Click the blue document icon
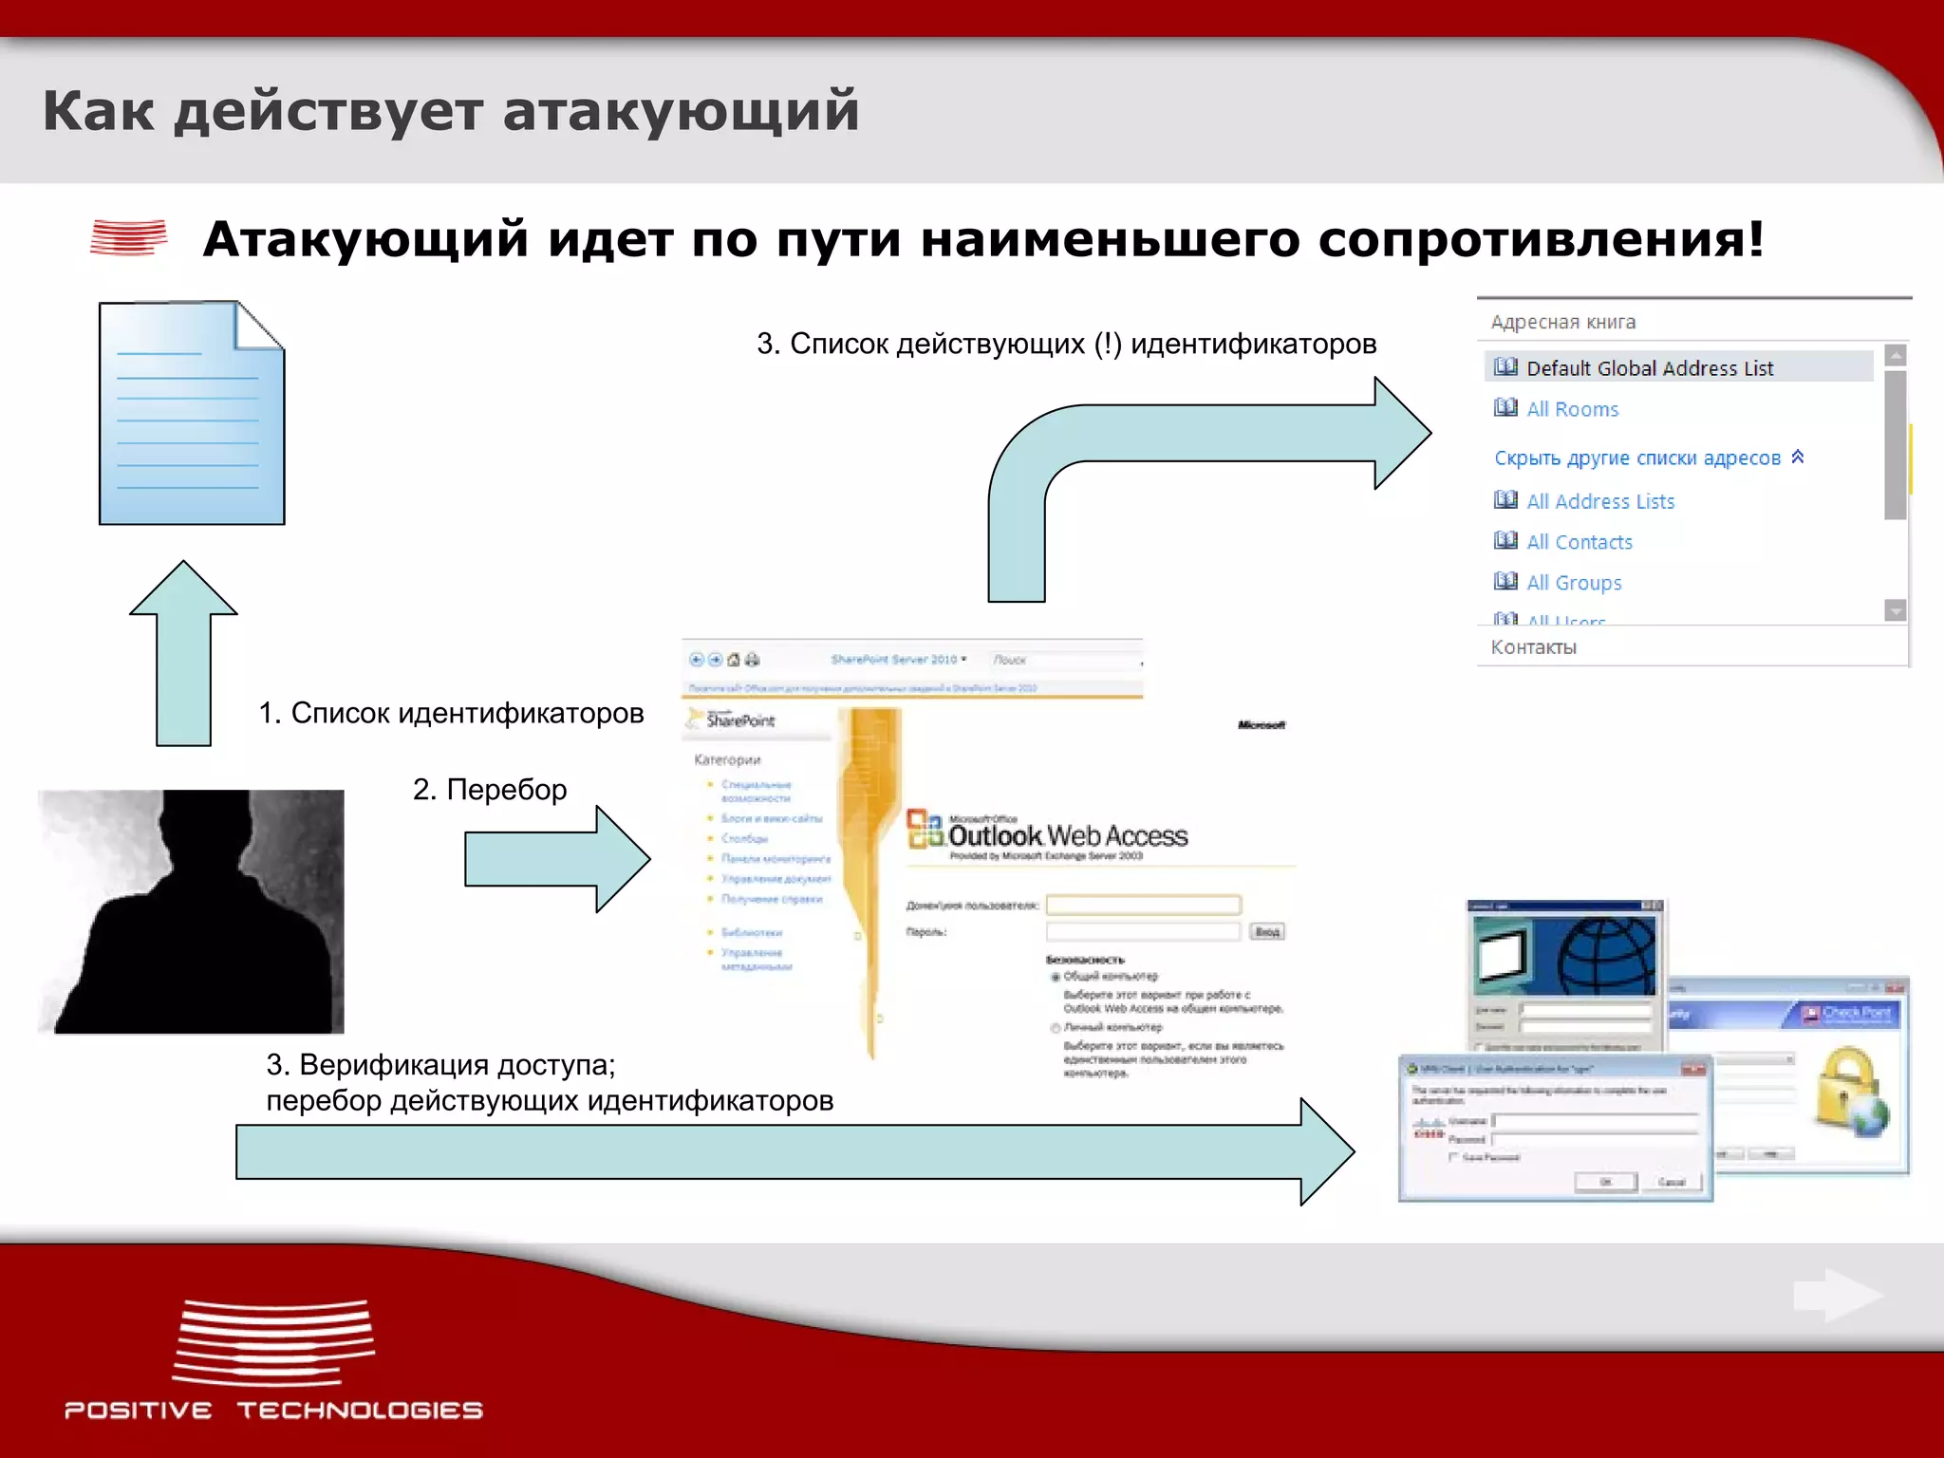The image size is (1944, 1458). point(191,414)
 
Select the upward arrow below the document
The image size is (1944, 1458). point(183,655)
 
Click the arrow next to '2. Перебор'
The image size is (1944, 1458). point(555,859)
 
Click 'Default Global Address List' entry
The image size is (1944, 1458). point(1649,367)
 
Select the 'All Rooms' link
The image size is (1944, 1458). point(1572,409)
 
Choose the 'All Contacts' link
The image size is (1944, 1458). point(1579,542)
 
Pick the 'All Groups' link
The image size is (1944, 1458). point(1573,583)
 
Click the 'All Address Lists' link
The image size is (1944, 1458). point(1599,501)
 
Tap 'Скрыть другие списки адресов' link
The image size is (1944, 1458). point(1636,458)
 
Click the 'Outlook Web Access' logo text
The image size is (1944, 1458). point(1067,835)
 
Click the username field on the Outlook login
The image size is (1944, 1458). point(1143,905)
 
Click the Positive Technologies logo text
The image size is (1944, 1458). point(273,1410)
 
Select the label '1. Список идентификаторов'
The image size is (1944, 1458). point(451,713)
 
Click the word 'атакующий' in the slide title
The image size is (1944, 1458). point(681,110)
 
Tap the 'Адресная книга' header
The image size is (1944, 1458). point(1562,322)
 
